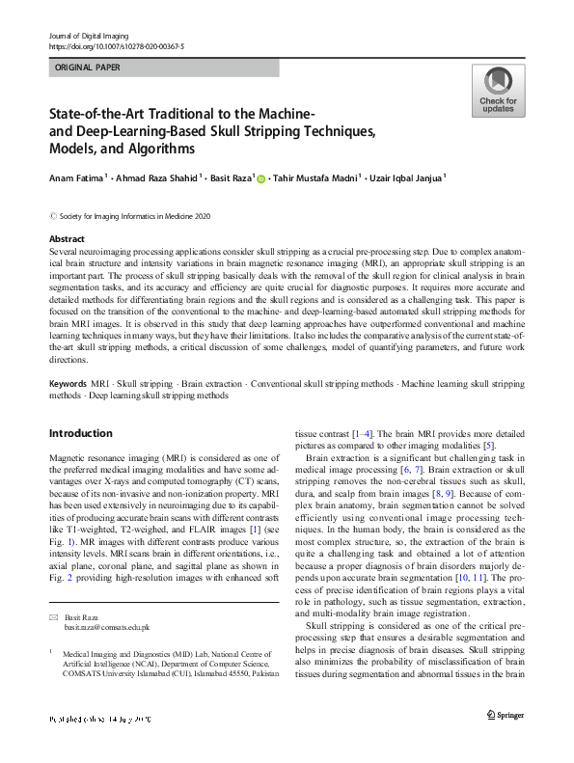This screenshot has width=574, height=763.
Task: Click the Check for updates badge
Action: pyautogui.click(x=498, y=91)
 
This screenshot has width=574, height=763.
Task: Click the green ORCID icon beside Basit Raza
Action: pyautogui.click(x=260, y=177)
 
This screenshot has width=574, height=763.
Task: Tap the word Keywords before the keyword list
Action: pyautogui.click(x=68, y=384)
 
